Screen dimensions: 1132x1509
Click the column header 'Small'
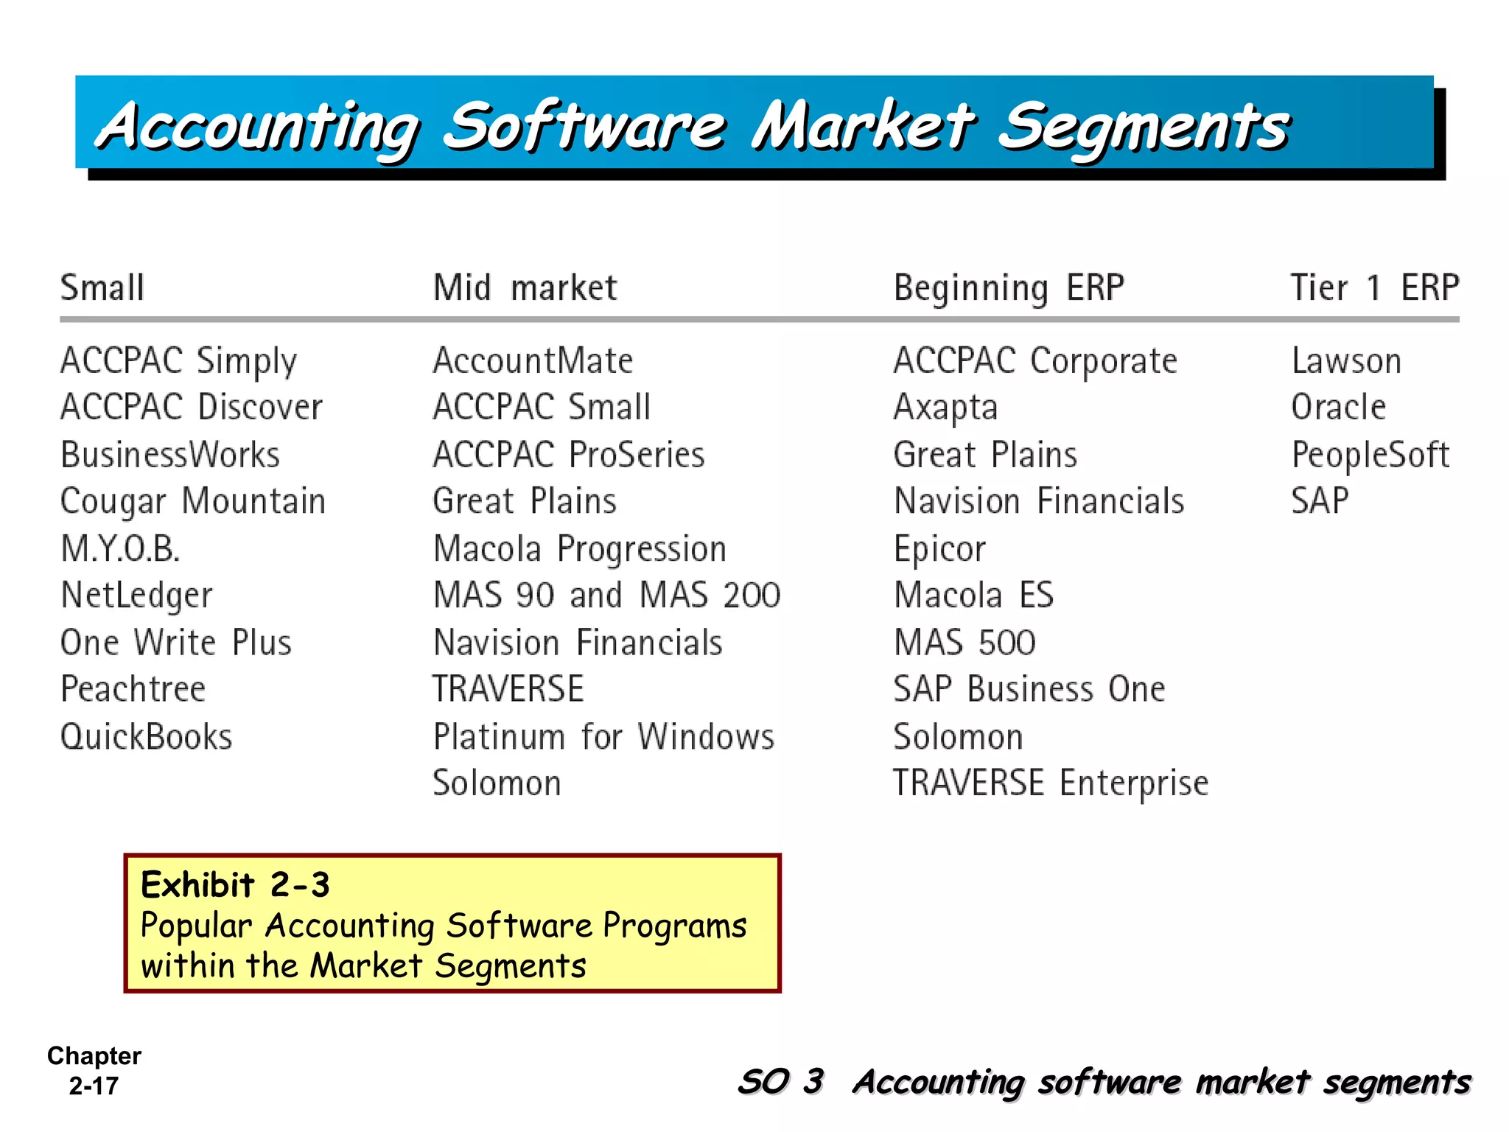[102, 287]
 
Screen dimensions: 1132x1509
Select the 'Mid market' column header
[525, 287]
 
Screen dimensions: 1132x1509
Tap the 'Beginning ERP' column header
[1009, 287]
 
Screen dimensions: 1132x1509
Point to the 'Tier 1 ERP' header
[1374, 287]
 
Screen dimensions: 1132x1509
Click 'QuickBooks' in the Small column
[146, 736]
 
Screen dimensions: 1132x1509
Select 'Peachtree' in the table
[133, 689]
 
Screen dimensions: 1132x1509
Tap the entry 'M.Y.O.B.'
[120, 549]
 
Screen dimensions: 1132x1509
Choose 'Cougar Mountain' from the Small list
[192, 502]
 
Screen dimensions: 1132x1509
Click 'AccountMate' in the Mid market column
[533, 361]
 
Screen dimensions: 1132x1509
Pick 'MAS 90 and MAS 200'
[606, 595]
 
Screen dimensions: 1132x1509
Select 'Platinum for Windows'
[603, 736]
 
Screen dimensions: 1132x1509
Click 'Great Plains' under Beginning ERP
[985, 455]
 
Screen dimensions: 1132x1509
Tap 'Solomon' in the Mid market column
[497, 783]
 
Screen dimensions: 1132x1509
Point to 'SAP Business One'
[1029, 689]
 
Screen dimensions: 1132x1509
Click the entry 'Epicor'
[939, 549]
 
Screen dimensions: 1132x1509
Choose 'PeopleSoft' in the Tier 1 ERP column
[1370, 455]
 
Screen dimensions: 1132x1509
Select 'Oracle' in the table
[1338, 408]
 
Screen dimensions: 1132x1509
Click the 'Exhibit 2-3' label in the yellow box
[235, 884]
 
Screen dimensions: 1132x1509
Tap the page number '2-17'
[94, 1086]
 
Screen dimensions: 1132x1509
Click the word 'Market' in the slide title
[862, 125]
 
